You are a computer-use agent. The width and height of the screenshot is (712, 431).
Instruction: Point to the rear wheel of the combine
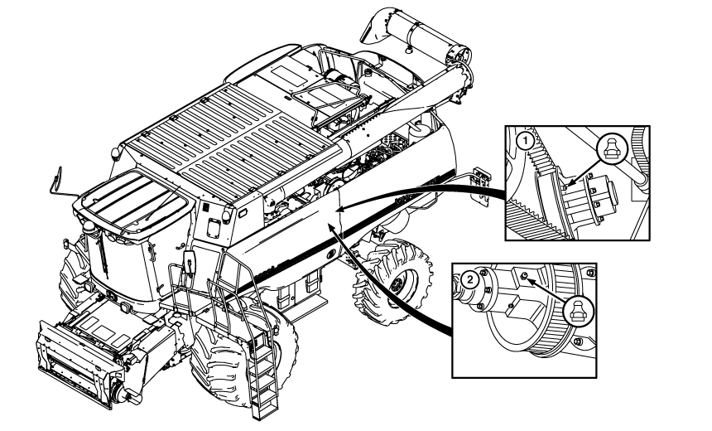point(392,282)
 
